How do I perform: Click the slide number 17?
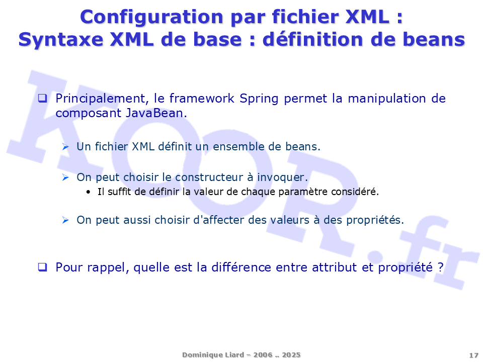pos(473,355)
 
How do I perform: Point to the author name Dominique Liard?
pos(213,355)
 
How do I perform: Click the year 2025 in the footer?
pos(291,355)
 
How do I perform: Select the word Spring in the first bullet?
pos(259,99)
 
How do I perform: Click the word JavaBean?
pos(155,113)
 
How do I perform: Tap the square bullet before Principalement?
pos(42,98)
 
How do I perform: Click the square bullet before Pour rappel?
pos(42,267)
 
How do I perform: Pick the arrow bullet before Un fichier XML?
pos(65,147)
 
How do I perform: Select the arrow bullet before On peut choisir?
pos(65,177)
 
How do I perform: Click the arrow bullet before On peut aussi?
pos(65,220)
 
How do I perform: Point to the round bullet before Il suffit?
pos(89,192)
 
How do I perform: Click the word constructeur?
pos(209,177)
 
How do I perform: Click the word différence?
pos(241,267)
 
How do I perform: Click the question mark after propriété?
pos(441,267)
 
